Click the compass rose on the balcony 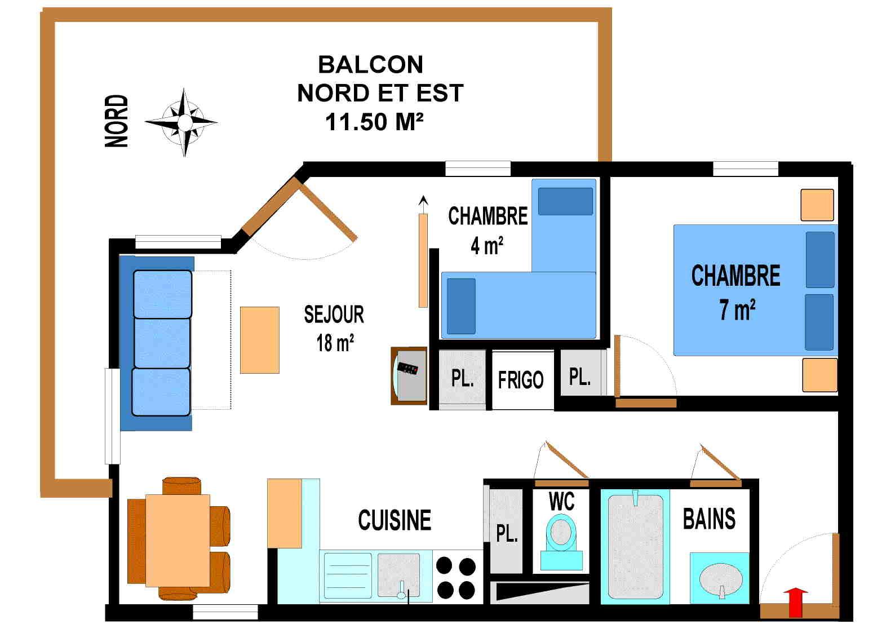[183, 122]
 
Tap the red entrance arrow [795, 602]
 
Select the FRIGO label [521, 380]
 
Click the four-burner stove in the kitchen [456, 577]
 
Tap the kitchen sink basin [399, 574]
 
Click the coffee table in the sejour [260, 340]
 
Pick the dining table [178, 541]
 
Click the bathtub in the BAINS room [636, 547]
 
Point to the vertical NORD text [117, 121]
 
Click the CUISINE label [395, 520]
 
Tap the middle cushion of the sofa [162, 343]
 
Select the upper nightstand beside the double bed [817, 205]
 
